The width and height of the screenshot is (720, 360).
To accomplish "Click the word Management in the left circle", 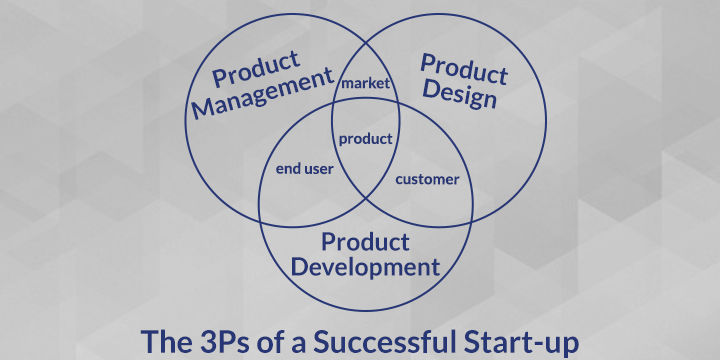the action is point(263,92).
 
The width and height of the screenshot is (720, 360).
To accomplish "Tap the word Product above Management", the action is point(257,68).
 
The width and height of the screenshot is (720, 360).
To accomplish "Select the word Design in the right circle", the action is point(459,95).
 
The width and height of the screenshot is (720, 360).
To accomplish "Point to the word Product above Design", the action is point(464,69).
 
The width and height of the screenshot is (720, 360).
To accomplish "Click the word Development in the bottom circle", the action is point(366,267).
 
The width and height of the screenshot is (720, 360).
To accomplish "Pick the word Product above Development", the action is point(365,242).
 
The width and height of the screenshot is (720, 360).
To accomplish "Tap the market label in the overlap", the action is point(366,84).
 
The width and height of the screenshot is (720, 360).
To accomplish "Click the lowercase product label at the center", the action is point(366,139).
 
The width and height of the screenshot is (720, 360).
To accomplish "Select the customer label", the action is point(427,179).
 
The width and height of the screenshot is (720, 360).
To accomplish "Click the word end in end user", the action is point(288,169).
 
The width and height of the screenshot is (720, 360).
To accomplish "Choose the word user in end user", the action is point(318,170).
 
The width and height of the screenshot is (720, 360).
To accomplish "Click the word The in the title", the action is point(162,341).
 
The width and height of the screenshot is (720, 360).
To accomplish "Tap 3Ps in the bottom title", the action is point(216,341).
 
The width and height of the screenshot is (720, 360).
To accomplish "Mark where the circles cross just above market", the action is point(366,44).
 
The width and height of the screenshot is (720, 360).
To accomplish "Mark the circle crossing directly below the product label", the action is point(366,198).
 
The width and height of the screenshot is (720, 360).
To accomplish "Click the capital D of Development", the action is point(300,267).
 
